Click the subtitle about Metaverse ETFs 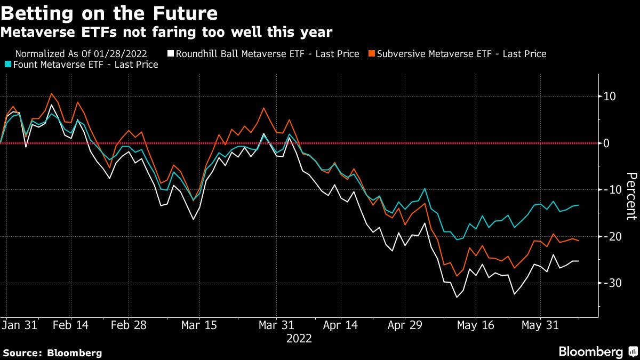pyautogui.click(x=166, y=33)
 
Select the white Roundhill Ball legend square pyautogui.click(x=171, y=54)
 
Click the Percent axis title pyautogui.click(x=631, y=196)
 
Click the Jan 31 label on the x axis pyautogui.click(x=19, y=325)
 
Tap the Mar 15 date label pyautogui.click(x=199, y=325)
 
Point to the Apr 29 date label pyautogui.click(x=405, y=325)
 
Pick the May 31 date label pyautogui.click(x=539, y=325)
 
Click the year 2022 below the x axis pyautogui.click(x=299, y=338)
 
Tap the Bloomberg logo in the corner pyautogui.click(x=597, y=351)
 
